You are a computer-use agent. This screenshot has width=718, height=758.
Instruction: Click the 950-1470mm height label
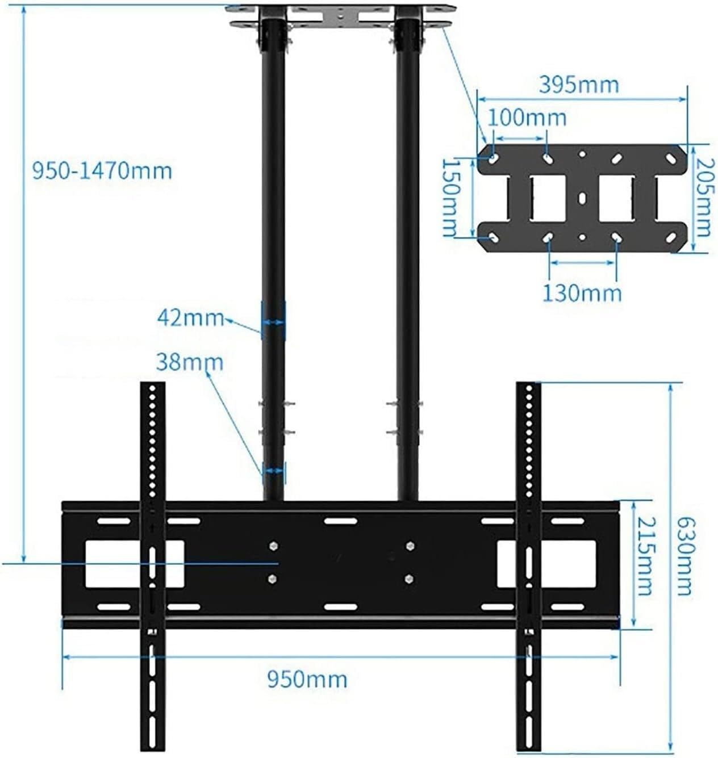click(x=102, y=171)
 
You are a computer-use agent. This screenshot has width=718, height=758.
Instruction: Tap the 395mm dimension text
click(x=578, y=85)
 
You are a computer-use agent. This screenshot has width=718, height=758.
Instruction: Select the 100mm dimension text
click(x=527, y=118)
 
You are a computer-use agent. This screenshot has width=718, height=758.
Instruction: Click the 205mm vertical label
click(x=703, y=198)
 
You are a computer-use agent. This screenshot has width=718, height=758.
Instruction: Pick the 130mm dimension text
click(x=582, y=294)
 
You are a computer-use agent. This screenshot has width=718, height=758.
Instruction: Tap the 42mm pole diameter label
click(x=190, y=318)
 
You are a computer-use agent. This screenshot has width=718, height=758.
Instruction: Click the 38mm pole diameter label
click(x=189, y=362)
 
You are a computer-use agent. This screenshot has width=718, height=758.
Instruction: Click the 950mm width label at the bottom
click(x=307, y=679)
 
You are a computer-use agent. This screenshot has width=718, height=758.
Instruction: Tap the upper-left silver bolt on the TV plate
click(x=273, y=546)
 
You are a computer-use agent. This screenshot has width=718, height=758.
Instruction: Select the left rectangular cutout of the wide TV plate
click(x=134, y=563)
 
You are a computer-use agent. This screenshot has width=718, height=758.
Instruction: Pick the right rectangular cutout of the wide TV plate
click(x=546, y=563)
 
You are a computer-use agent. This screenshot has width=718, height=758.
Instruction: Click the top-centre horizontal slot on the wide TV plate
click(x=341, y=521)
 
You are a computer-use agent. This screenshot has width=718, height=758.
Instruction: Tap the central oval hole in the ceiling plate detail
click(x=582, y=198)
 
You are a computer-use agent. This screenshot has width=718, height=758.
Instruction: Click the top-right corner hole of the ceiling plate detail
click(x=671, y=158)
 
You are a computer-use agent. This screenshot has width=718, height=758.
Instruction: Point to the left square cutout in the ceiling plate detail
click(x=548, y=198)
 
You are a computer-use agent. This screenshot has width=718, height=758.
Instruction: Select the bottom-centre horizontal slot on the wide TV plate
click(x=341, y=607)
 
